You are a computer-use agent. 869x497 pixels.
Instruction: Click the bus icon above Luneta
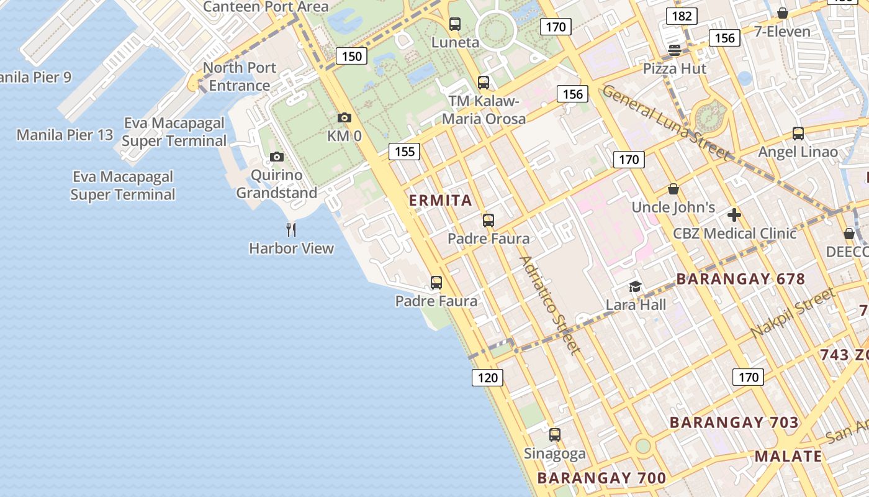click(455, 24)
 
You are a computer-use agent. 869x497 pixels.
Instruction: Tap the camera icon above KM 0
click(344, 117)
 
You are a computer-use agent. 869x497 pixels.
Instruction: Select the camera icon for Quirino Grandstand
click(277, 157)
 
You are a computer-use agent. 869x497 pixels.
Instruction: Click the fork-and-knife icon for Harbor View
click(291, 230)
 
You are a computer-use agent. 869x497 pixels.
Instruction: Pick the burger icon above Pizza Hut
click(675, 50)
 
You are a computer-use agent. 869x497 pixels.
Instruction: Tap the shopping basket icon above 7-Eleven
click(783, 13)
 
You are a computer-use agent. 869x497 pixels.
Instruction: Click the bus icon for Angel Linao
click(798, 133)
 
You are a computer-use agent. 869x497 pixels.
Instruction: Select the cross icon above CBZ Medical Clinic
click(734, 215)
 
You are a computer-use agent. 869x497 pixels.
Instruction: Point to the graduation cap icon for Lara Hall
click(635, 286)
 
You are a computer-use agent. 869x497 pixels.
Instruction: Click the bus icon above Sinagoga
click(555, 435)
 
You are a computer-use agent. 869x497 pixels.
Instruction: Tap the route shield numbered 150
click(352, 57)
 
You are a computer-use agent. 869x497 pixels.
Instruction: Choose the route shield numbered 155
click(405, 151)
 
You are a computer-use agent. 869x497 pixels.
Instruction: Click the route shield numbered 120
click(487, 377)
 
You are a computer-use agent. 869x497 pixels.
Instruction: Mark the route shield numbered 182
click(682, 16)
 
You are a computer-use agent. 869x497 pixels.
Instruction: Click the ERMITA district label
click(441, 201)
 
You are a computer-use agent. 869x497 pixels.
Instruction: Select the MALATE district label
click(788, 456)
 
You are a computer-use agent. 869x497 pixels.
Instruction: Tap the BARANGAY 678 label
click(741, 279)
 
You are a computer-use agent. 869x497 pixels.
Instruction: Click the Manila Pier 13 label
click(65, 135)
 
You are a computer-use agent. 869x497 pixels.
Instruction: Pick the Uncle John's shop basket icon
click(673, 189)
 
